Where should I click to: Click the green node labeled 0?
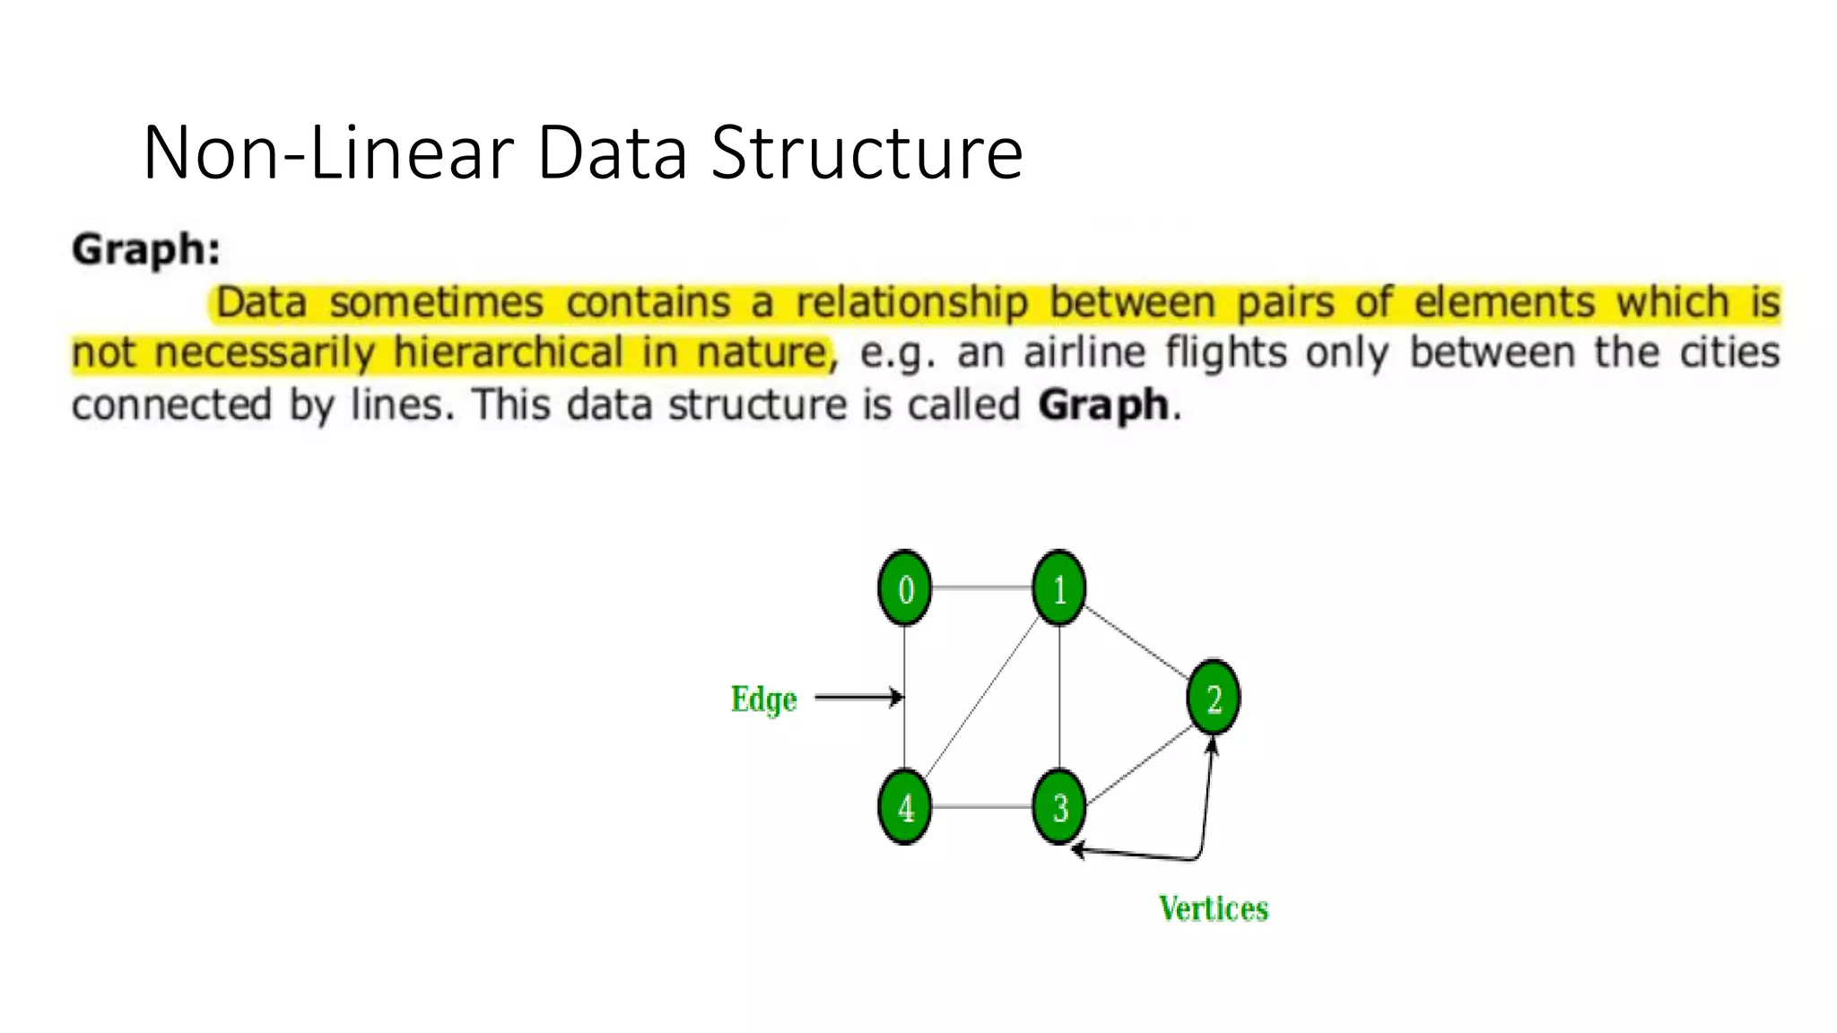[x=904, y=588]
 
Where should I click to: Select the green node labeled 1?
[x=1059, y=588]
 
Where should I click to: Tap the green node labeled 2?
[x=1213, y=697]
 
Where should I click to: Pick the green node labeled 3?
[x=1059, y=806]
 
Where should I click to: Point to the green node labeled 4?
[x=904, y=806]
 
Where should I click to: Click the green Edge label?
[x=763, y=699]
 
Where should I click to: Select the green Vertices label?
[x=1213, y=908]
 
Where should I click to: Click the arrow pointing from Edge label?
[x=858, y=697]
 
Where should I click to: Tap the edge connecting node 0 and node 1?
[x=981, y=588]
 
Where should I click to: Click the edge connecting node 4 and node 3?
[x=981, y=807]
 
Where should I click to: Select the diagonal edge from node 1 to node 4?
[x=982, y=698]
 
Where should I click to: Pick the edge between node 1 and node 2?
[x=1136, y=642]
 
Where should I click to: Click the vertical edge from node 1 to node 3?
[x=1059, y=697]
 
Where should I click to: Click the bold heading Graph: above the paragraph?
[x=146, y=249]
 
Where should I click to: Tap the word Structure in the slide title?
[x=866, y=152]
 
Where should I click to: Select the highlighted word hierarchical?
[x=508, y=352]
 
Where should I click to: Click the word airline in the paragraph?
[x=1084, y=352]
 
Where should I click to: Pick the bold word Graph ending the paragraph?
[x=1103, y=405]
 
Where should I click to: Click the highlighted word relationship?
[x=911, y=302]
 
